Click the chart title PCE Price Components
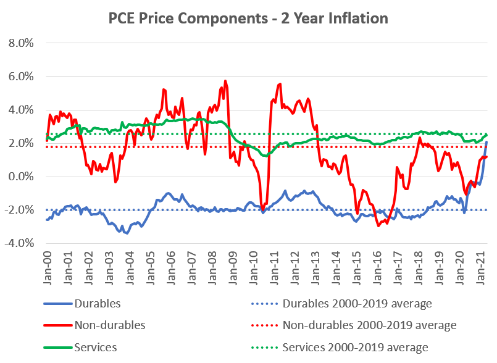[x=248, y=19]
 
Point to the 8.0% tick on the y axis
[x=20, y=43]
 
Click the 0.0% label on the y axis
[x=20, y=177]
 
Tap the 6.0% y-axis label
[x=20, y=77]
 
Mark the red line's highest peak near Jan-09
[x=225, y=80]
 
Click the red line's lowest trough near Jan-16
[x=378, y=226]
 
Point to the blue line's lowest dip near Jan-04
[x=127, y=233]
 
